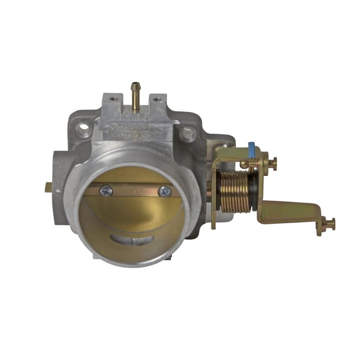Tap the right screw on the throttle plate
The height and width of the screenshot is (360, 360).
[165, 191]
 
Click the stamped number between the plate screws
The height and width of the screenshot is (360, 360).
[135, 190]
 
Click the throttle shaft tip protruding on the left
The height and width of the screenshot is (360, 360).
[48, 188]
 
